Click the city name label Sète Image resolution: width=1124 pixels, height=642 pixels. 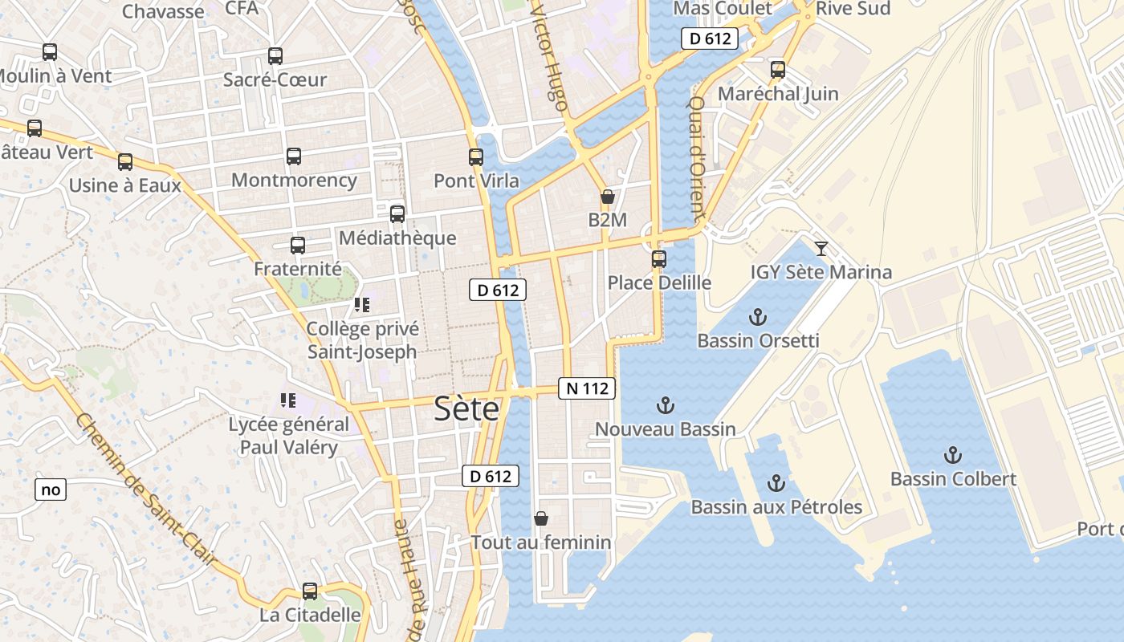[x=466, y=409]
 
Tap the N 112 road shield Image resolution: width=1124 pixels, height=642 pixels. [x=587, y=388]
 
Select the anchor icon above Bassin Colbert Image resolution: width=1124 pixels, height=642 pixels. [x=953, y=455]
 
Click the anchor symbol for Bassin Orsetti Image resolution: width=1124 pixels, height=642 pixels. [x=758, y=317]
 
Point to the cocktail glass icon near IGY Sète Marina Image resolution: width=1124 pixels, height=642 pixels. [x=821, y=248]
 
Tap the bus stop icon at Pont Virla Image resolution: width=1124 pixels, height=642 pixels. [x=476, y=157]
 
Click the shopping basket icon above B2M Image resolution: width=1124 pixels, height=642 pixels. [x=608, y=197]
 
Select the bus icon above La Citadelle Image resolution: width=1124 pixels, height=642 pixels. [x=310, y=591]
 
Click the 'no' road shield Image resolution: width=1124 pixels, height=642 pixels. [x=50, y=490]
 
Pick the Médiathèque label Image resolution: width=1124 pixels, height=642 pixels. [x=397, y=238]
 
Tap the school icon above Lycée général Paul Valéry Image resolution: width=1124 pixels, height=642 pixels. [x=288, y=400]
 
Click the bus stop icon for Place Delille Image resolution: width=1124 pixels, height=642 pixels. [x=659, y=259]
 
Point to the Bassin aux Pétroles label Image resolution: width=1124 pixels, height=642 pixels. [x=776, y=507]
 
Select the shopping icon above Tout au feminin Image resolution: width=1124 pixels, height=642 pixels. [x=541, y=518]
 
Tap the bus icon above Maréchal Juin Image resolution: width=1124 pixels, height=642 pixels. [x=777, y=70]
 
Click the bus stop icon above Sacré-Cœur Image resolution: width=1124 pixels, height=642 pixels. [x=275, y=56]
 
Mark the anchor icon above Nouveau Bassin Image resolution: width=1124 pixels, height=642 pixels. [x=665, y=405]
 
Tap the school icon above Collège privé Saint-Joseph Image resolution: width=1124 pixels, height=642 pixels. [x=361, y=305]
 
